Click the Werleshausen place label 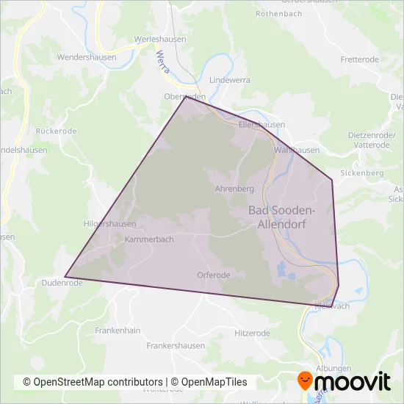click(159, 39)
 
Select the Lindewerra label click(230, 79)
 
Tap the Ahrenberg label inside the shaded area click(234, 189)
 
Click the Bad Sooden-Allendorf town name click(282, 217)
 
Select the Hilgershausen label click(110, 224)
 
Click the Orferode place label click(214, 275)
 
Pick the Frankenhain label click(118, 331)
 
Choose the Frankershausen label click(176, 345)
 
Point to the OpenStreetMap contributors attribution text click(93, 382)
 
